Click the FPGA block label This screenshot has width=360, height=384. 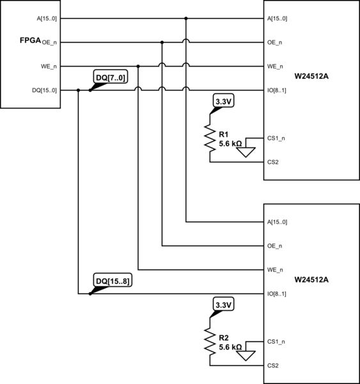(x=30, y=41)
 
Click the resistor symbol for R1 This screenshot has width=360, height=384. (x=210, y=137)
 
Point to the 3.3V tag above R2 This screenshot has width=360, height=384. (x=223, y=305)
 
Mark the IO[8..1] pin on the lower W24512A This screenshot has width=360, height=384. (x=276, y=294)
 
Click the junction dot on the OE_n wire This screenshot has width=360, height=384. (x=162, y=43)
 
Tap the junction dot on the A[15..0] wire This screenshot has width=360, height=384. (x=186, y=19)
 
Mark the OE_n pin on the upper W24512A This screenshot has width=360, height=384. (x=274, y=43)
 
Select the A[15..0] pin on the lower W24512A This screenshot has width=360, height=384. (x=277, y=222)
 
